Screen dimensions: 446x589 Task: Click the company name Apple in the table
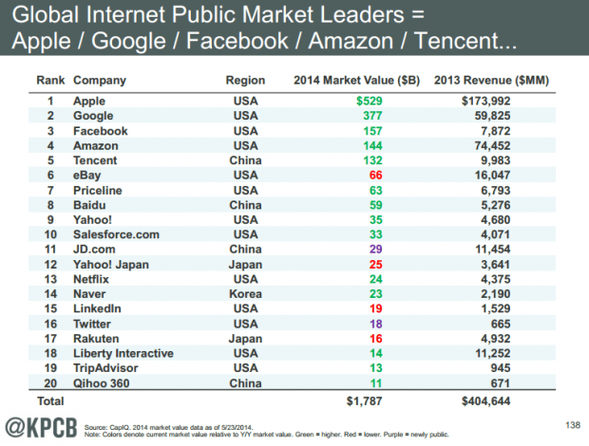89,99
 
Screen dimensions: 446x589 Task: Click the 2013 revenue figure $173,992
486,99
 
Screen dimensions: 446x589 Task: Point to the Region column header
245,80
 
